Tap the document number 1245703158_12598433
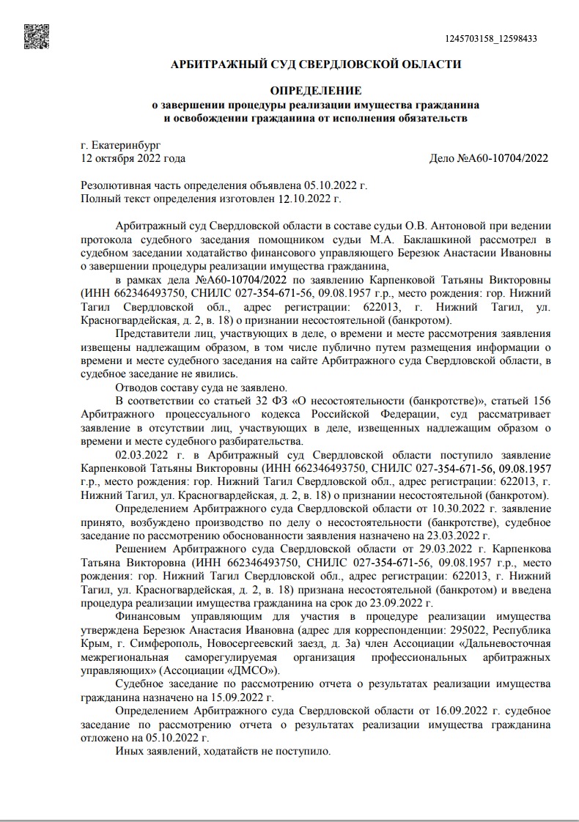click(492, 39)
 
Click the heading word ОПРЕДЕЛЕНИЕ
click(316, 91)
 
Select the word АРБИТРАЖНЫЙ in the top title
click(217, 64)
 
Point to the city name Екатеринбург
click(125, 146)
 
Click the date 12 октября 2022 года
click(133, 158)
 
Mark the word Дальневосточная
click(510, 643)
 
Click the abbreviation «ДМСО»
click(255, 670)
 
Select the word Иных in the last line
click(130, 752)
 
